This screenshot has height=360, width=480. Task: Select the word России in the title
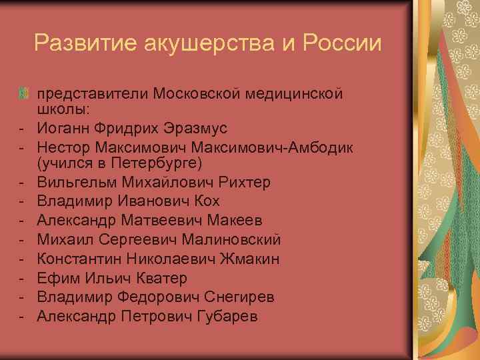tap(343, 44)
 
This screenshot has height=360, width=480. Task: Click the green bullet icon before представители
tap(25, 94)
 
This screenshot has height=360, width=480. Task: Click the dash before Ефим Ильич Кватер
tap(22, 278)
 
